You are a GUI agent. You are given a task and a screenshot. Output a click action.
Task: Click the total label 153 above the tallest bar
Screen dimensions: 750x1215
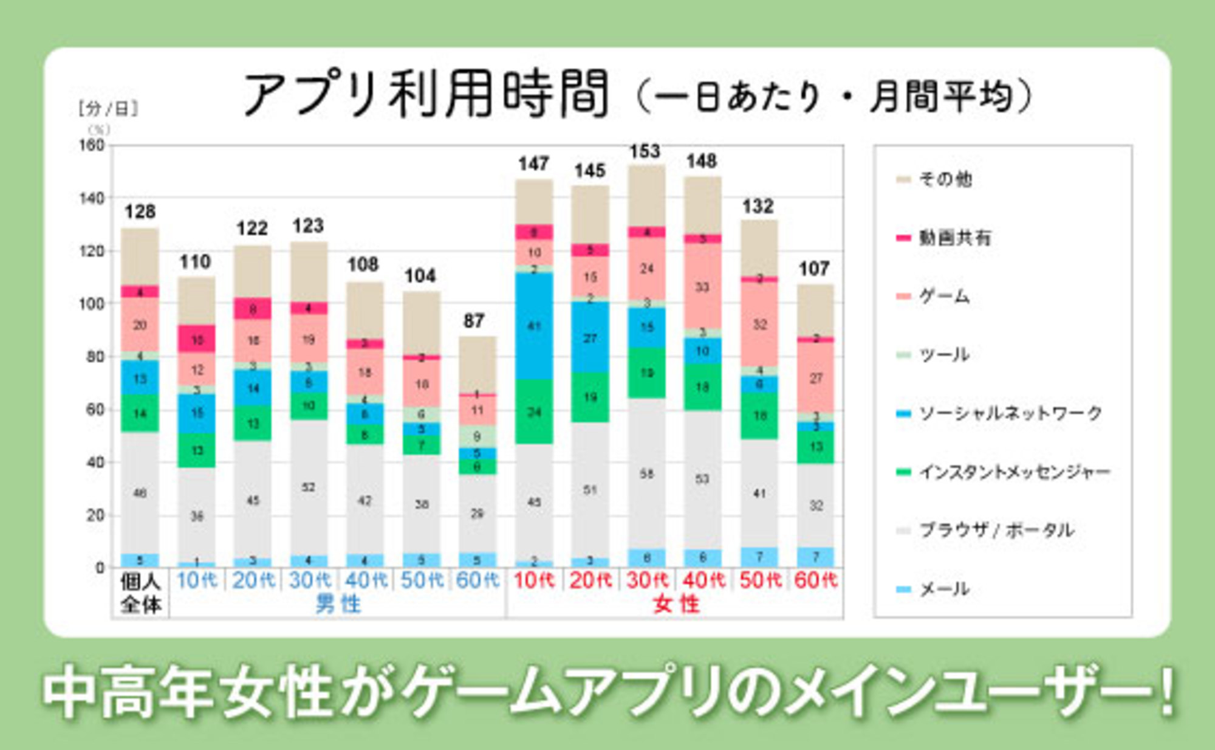[645, 151]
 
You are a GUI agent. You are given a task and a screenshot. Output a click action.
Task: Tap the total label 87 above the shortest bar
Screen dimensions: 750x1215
[474, 320]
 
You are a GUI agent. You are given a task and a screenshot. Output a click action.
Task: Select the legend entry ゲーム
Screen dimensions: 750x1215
[943, 296]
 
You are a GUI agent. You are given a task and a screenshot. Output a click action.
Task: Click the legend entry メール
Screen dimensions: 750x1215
[943, 588]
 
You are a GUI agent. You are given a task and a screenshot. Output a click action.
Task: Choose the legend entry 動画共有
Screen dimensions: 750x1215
[954, 238]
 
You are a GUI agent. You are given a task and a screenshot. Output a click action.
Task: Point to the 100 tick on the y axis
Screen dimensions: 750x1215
[92, 304]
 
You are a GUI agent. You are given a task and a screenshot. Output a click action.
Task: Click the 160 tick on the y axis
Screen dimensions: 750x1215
[92, 145]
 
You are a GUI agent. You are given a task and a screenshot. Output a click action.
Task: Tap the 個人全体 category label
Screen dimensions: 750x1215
[140, 593]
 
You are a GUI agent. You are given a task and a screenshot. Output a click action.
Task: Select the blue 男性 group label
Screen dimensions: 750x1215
[338, 605]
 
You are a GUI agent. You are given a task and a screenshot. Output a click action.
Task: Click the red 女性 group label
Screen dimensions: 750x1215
[676, 605]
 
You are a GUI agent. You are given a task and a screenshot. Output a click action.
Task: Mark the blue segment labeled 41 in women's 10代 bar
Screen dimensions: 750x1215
[534, 326]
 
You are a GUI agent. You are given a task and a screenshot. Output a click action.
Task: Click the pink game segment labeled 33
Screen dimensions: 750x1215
[702, 287]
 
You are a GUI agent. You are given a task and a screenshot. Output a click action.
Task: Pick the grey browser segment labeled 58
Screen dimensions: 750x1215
[646, 473]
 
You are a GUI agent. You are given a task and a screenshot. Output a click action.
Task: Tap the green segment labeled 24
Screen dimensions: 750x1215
[534, 412]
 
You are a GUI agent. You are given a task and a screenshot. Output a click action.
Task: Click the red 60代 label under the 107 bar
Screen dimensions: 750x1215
[815, 580]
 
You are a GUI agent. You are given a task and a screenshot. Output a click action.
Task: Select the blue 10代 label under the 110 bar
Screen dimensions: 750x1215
[197, 580]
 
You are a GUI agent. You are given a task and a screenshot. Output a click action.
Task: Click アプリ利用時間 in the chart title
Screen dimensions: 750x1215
[425, 94]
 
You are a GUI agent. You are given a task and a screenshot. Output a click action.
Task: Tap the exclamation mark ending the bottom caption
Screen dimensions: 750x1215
[1165, 693]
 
